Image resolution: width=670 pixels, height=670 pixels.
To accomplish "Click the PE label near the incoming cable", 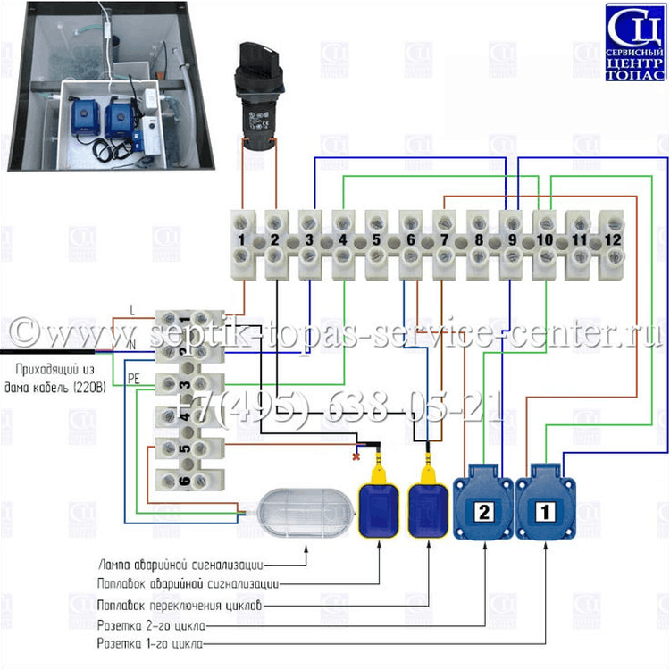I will [135, 378].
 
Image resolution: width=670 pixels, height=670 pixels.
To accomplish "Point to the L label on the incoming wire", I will [132, 310].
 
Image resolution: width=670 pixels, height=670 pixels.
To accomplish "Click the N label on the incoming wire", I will [132, 344].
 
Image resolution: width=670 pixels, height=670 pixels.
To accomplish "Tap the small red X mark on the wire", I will [357, 456].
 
